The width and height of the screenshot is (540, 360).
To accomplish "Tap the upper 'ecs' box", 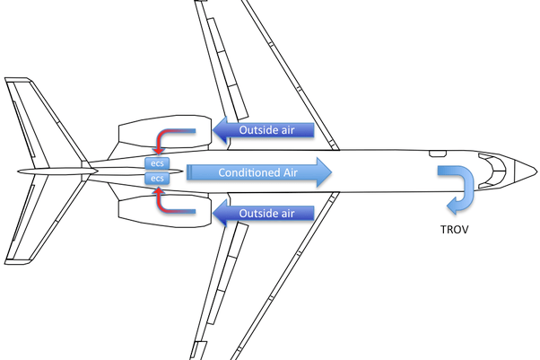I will coord(158,164).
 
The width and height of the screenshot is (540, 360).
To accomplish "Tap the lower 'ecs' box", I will coord(158,179).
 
